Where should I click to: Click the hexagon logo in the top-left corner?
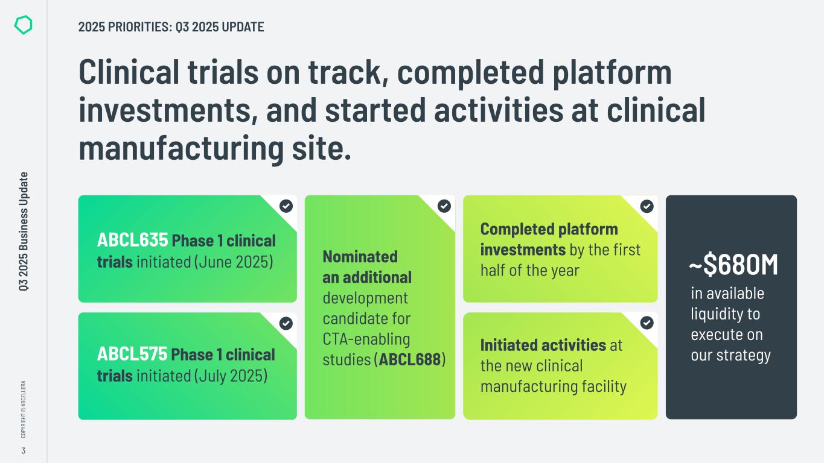pyautogui.click(x=23, y=25)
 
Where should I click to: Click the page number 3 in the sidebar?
pyautogui.click(x=23, y=450)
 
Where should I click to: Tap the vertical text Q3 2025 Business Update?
pyautogui.click(x=24, y=232)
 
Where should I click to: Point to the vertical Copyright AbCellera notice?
pyautogui.click(x=23, y=409)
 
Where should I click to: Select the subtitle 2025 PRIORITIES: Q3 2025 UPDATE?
pyautogui.click(x=171, y=27)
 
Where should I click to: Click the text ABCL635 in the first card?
pyautogui.click(x=132, y=241)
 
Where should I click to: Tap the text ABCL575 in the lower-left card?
pyautogui.click(x=132, y=354)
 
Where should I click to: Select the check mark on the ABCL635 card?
pyautogui.click(x=286, y=206)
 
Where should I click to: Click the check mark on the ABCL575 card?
pyautogui.click(x=286, y=323)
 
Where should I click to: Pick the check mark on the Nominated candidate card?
pyautogui.click(x=444, y=206)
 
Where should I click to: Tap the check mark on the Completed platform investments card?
pyautogui.click(x=647, y=206)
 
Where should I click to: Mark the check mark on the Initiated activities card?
pyautogui.click(x=647, y=323)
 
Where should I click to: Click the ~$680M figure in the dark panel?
pyautogui.click(x=733, y=266)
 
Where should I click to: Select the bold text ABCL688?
pyautogui.click(x=410, y=360)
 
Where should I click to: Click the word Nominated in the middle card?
pyautogui.click(x=360, y=257)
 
